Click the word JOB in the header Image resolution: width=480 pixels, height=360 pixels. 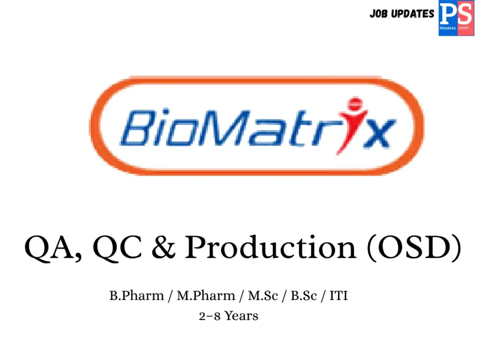378,14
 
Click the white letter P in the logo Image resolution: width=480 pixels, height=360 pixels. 448,14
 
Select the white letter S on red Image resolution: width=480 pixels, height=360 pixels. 465,14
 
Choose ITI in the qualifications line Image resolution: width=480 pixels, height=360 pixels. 338,296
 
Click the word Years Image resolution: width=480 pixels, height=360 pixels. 241,316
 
